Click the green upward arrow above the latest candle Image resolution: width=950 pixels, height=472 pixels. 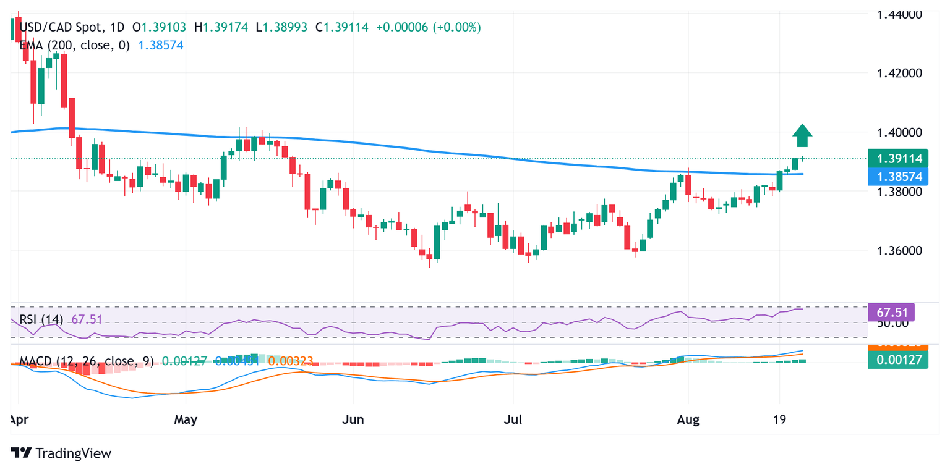(802, 135)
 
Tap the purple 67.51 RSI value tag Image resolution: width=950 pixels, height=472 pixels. (892, 311)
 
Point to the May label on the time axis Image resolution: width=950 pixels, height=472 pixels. (186, 421)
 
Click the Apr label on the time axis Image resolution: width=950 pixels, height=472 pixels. (20, 421)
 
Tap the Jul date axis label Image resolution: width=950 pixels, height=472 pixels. (513, 421)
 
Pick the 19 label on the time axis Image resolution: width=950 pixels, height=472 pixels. (779, 421)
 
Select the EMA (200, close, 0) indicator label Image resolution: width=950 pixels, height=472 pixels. (75, 45)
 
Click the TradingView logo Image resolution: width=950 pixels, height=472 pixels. (62, 453)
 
